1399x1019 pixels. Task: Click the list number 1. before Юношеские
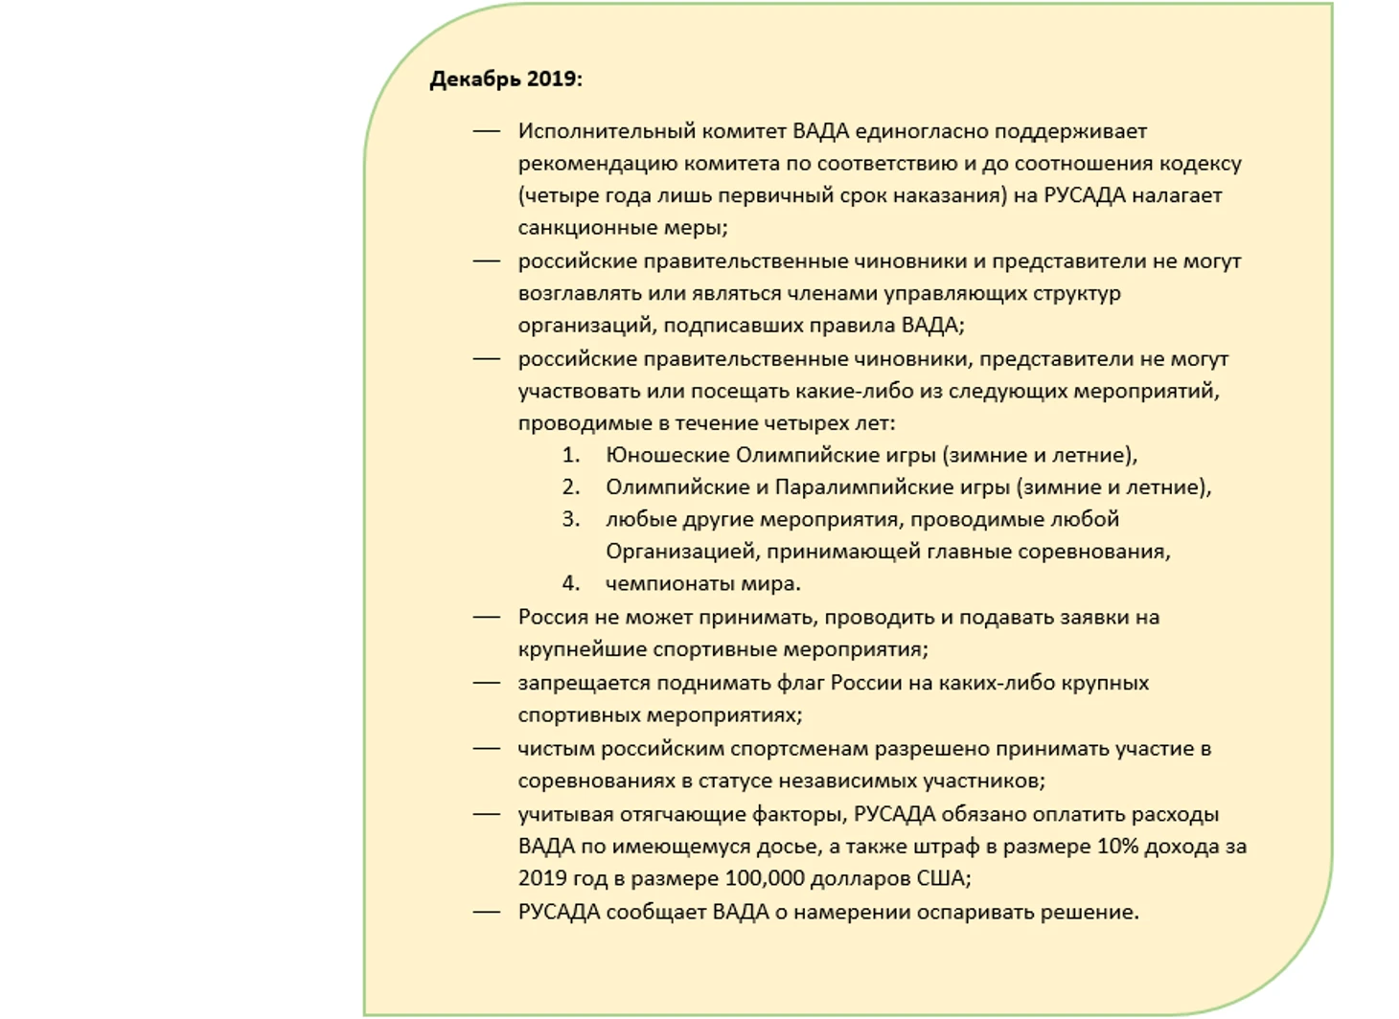point(571,455)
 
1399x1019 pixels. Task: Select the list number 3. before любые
point(571,519)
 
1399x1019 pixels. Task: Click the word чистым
point(554,749)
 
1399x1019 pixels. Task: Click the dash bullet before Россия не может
point(487,618)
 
